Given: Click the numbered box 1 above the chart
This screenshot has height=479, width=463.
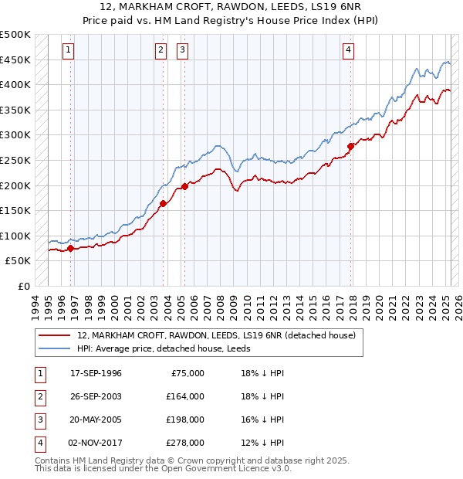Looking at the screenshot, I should [69, 50].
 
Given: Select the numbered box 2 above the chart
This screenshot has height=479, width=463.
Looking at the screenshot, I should [161, 50].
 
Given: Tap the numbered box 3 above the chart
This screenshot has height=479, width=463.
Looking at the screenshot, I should [183, 50].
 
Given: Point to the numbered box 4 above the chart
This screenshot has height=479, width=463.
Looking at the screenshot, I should [349, 50].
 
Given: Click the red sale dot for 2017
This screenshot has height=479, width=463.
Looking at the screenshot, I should [351, 146].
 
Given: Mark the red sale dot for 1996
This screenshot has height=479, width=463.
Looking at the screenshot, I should [71, 248].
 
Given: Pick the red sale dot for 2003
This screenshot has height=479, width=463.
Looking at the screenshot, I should [164, 204].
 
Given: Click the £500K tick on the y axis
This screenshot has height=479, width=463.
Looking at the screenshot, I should [15, 35].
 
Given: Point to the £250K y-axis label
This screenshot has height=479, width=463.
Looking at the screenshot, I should [15, 160].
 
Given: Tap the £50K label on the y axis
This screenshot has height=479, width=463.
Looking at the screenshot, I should [19, 261].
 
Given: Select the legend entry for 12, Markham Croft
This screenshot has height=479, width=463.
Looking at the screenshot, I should [216, 335].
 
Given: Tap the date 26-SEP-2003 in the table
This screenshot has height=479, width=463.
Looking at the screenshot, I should [96, 396].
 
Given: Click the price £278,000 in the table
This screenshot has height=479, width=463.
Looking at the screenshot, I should [185, 443].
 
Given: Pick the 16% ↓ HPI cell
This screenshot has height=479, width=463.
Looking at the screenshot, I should [262, 420].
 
